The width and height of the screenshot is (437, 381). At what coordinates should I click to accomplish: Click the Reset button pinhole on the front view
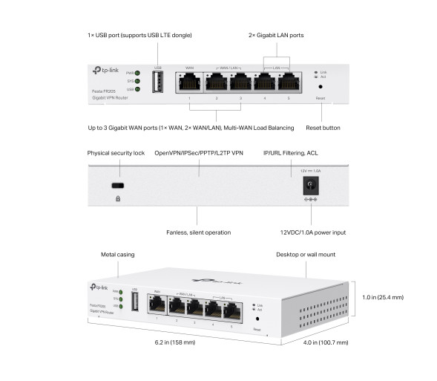coord(320,87)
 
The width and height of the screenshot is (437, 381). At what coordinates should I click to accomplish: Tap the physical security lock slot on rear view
coord(117,185)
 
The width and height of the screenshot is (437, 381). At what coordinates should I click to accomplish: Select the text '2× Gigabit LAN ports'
coord(275,35)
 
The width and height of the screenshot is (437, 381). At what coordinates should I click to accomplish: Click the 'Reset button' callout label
coord(323,128)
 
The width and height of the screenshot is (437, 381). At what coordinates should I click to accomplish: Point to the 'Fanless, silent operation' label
coord(198,232)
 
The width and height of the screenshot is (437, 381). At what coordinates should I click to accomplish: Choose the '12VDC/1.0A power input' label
coord(313,232)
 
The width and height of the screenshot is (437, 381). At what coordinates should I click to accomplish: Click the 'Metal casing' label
coord(117,255)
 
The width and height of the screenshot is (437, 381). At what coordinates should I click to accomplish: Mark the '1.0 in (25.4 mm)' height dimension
coord(384,297)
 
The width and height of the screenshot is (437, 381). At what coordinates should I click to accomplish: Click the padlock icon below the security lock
coord(117,199)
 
